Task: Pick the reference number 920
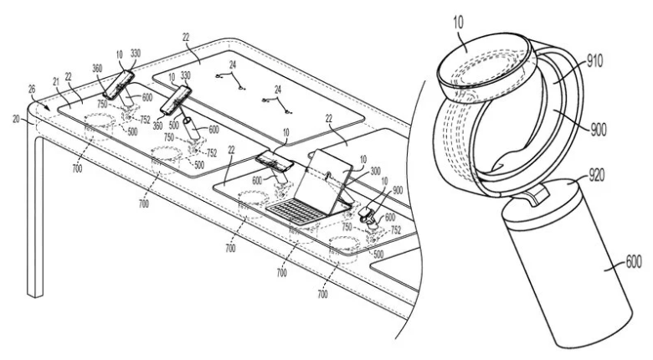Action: click(595, 177)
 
